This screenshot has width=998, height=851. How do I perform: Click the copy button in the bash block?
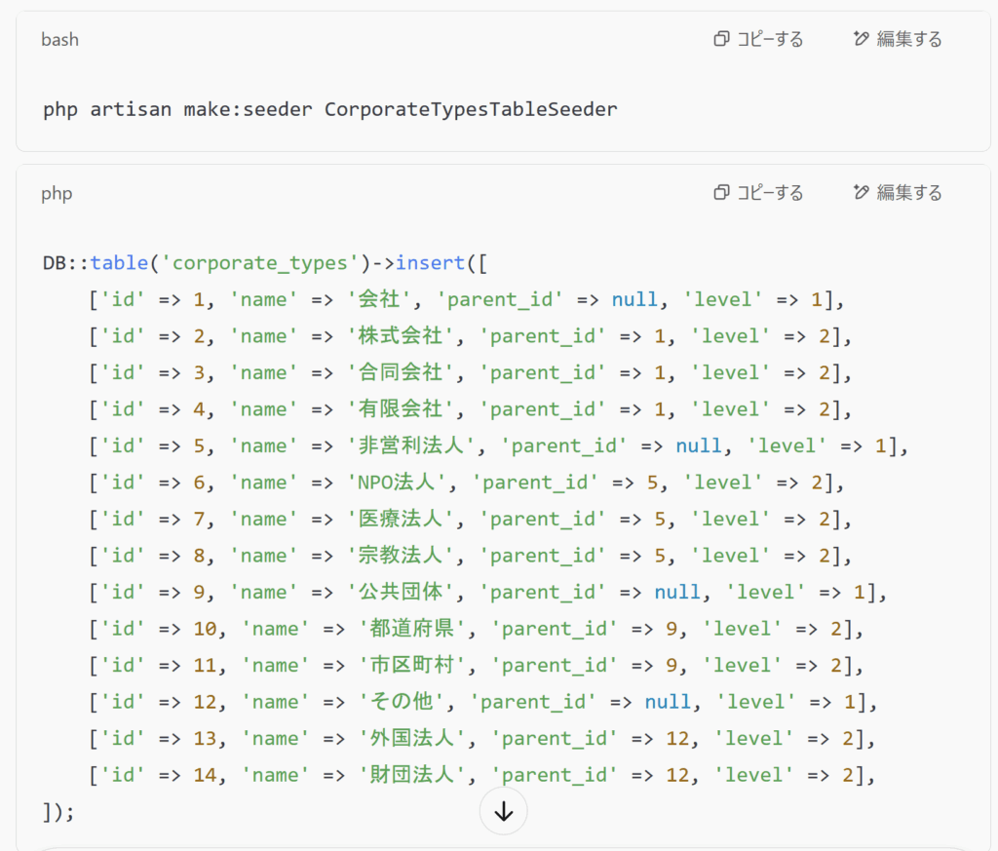(x=758, y=39)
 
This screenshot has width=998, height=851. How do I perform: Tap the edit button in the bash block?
(x=898, y=39)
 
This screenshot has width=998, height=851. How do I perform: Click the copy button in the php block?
(x=758, y=193)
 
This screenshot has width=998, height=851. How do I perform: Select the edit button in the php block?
(x=898, y=193)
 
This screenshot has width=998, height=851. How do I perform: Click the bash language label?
(x=59, y=39)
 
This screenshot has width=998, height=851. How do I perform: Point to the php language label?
(x=57, y=194)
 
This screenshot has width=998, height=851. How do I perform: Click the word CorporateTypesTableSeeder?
(x=471, y=109)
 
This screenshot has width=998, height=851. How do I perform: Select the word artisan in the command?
(x=131, y=109)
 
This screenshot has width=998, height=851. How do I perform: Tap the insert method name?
(x=430, y=263)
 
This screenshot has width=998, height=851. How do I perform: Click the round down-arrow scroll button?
(x=504, y=812)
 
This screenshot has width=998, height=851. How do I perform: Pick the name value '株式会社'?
(x=402, y=336)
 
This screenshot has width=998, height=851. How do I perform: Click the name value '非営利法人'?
(x=412, y=445)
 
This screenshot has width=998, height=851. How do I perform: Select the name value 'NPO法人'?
(x=398, y=483)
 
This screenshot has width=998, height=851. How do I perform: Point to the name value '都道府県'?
(x=412, y=629)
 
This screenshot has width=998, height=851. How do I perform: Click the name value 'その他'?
(x=403, y=702)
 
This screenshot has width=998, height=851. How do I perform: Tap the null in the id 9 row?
(x=678, y=593)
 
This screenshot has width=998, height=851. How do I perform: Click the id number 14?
(x=206, y=775)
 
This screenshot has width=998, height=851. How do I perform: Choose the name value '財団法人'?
(x=412, y=775)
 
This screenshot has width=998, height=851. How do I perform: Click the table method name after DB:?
(x=119, y=263)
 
